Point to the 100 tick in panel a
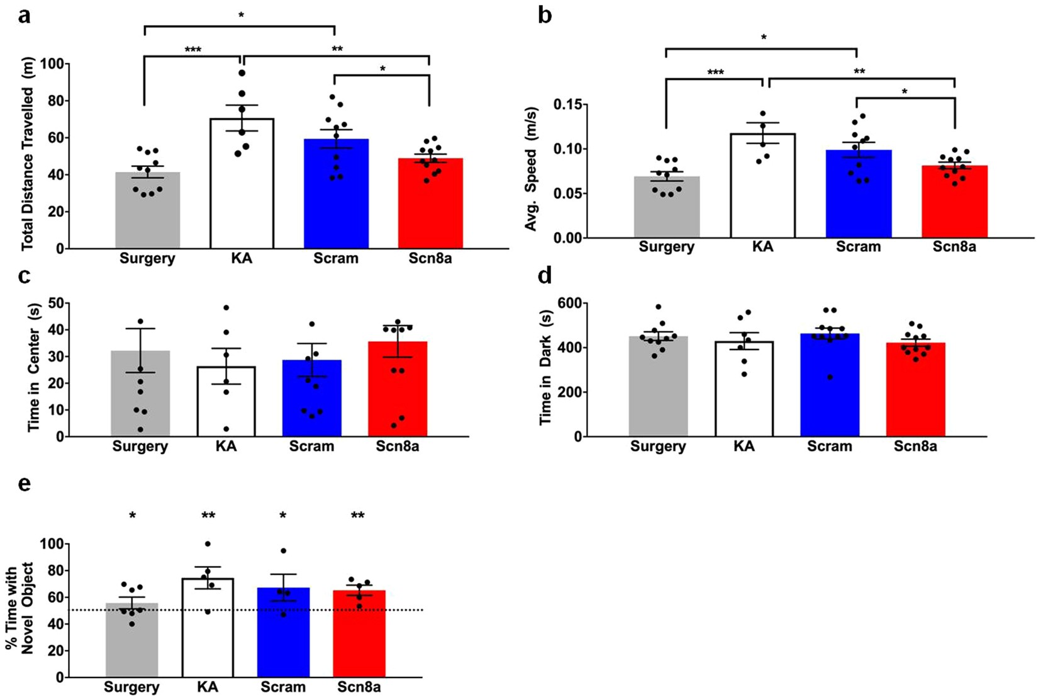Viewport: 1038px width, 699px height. pos(52,64)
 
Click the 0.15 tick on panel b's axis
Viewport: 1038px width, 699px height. pos(570,105)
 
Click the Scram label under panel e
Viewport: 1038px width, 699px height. pos(282,687)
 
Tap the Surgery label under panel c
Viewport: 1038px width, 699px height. pos(140,446)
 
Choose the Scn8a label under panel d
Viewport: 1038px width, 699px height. pos(915,446)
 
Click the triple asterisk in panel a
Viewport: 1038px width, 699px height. pos(193,50)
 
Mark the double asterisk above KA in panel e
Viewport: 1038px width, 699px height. pos(208,516)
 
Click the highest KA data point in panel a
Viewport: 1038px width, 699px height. pos(242,73)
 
